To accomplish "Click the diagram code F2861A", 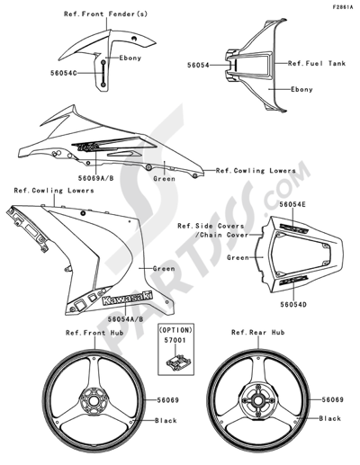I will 341,6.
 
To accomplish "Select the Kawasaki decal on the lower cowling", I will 126,300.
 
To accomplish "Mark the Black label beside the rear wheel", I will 330,418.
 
